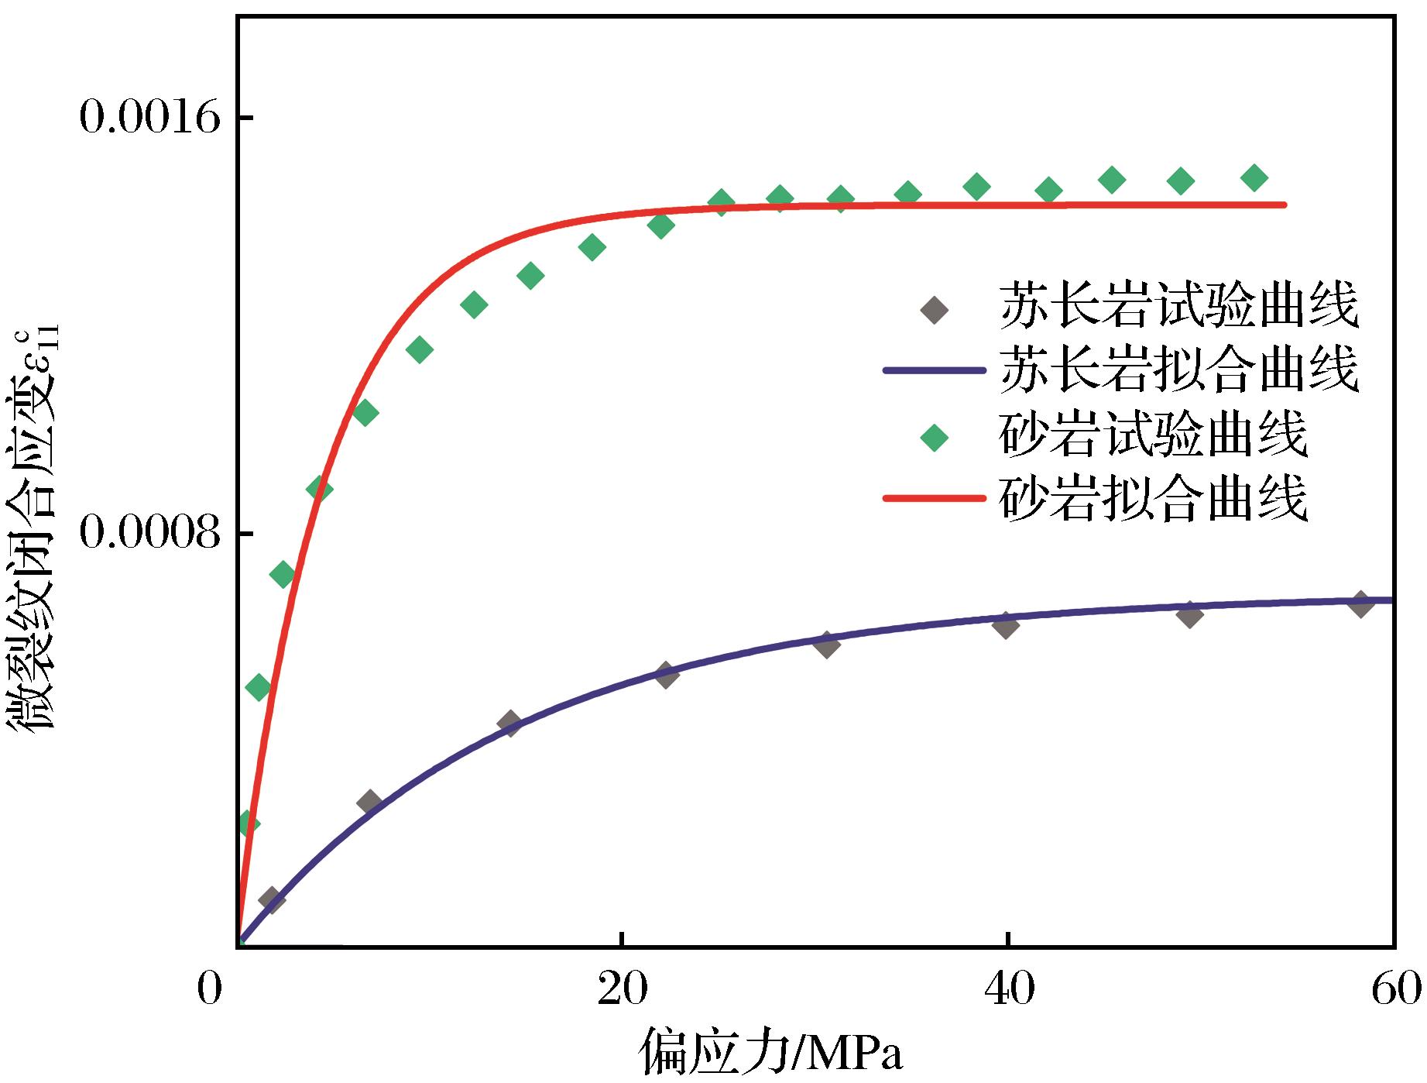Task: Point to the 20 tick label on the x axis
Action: (622, 989)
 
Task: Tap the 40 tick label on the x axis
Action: (1007, 989)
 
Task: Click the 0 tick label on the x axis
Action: (209, 989)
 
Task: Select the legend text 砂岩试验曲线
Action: (1154, 437)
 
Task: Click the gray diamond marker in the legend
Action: (935, 310)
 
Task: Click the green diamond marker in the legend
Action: (935, 438)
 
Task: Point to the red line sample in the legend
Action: (935, 499)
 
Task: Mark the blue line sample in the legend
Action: (935, 371)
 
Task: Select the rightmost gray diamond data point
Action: (1360, 604)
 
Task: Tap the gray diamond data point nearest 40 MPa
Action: (1005, 624)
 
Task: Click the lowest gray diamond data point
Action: (271, 899)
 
